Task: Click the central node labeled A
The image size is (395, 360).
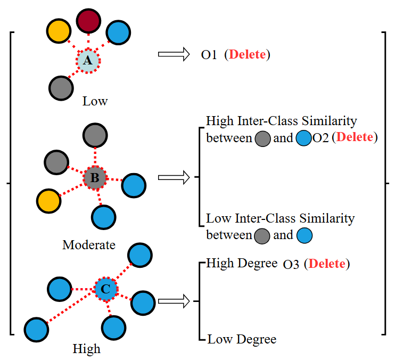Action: point(87,61)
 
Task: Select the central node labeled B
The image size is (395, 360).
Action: point(95,178)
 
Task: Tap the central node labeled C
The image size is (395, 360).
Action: point(105,289)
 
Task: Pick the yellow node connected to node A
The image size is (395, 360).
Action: point(58,32)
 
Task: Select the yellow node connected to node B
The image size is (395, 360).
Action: point(48,201)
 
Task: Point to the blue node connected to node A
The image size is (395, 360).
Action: point(119,33)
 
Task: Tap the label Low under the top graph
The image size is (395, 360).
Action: point(95,101)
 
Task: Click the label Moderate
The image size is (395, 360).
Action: point(88,245)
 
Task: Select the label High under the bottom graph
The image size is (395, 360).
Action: point(86,349)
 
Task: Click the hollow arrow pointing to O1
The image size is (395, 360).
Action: point(174,54)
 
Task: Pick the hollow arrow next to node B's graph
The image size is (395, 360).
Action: point(174,177)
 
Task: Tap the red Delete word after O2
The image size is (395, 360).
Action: point(355,137)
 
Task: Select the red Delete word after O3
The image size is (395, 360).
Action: point(327,264)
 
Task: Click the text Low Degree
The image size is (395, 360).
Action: point(242,339)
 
